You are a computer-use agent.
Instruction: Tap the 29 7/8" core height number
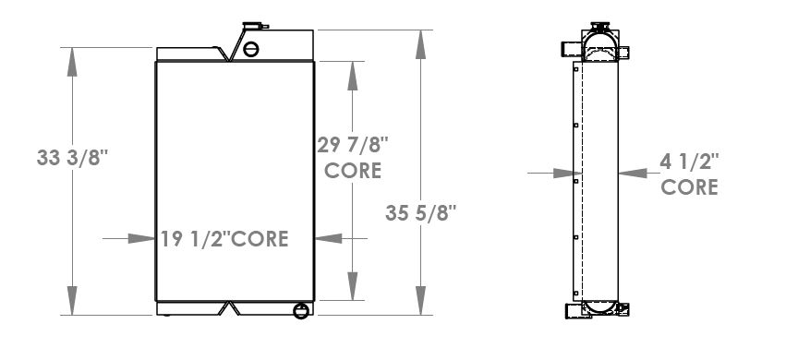tap(354, 145)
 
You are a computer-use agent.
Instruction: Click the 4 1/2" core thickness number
tap(689, 162)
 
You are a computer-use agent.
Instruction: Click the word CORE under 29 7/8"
tap(352, 171)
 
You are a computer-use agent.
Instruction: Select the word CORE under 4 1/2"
tap(690, 187)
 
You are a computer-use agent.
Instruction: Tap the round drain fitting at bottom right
tap(300, 311)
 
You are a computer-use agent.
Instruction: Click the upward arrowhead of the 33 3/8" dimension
tap(71, 54)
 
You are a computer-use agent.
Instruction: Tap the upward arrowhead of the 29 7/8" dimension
tap(352, 70)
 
